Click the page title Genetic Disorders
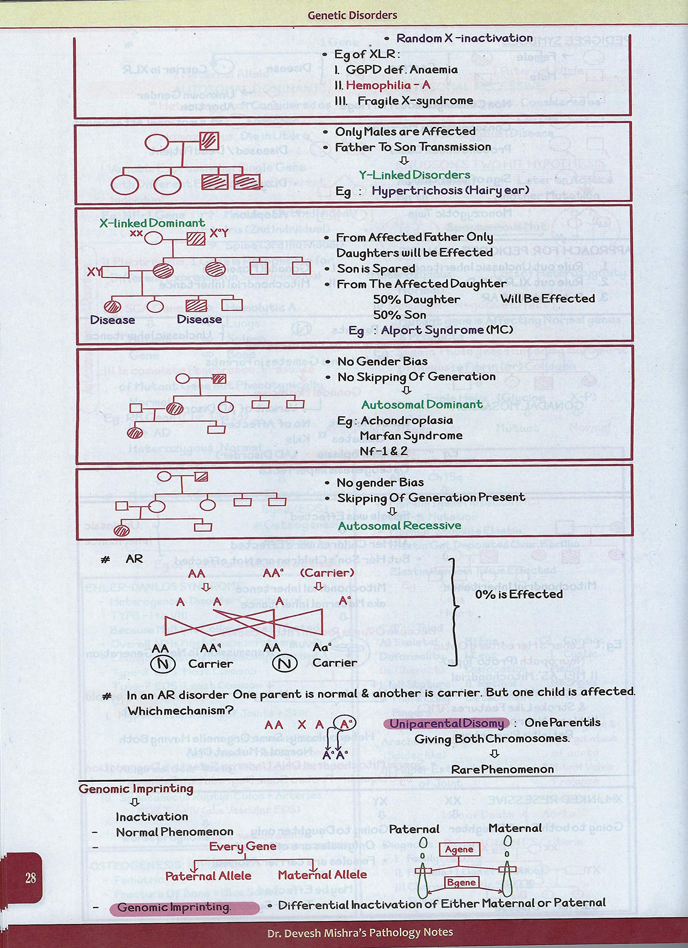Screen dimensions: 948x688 [x=352, y=16]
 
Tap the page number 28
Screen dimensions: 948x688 [x=30, y=878]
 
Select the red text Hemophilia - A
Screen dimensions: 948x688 [x=388, y=85]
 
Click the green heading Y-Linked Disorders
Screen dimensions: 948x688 [x=415, y=175]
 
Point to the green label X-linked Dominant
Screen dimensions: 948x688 [x=152, y=223]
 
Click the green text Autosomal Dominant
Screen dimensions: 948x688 [x=422, y=405]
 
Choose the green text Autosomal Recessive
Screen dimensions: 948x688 [x=400, y=525]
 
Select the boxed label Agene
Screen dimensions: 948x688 [x=459, y=849]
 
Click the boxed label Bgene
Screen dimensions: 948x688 [x=461, y=882]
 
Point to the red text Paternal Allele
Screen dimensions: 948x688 [x=208, y=876]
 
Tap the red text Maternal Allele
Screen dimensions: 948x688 [x=322, y=874]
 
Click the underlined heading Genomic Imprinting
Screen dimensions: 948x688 [x=136, y=789]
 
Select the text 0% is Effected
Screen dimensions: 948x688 [x=519, y=594]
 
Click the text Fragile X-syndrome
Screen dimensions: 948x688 [x=415, y=101]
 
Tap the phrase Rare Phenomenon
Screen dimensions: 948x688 [x=503, y=770]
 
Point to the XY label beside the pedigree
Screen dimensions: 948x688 [x=94, y=272]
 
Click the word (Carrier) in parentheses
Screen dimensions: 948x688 [x=327, y=573]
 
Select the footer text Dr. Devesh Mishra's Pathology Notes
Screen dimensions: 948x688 [x=360, y=932]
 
